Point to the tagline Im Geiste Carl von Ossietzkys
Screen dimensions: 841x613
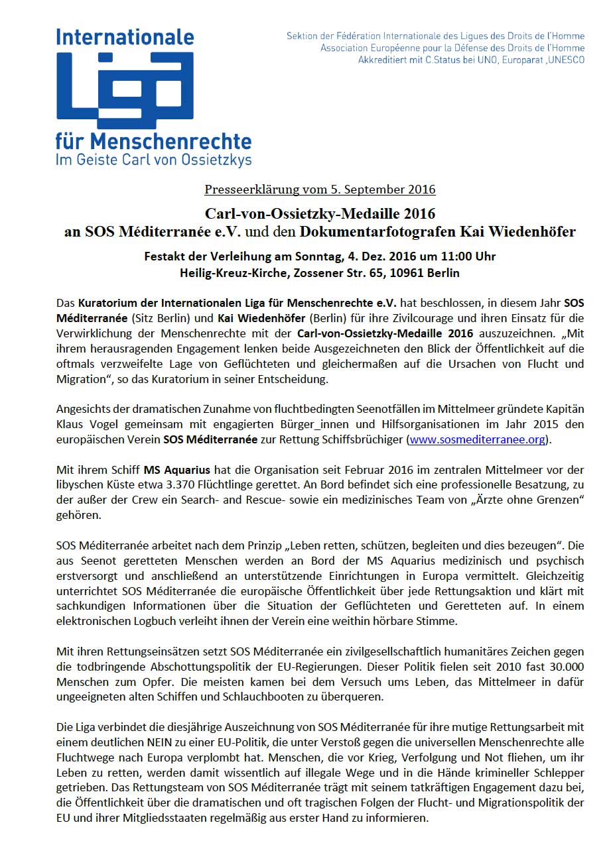click(154, 159)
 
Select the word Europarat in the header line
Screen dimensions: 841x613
click(515, 60)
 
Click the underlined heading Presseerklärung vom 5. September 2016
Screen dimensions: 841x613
click(320, 190)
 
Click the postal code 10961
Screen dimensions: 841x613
click(409, 272)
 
